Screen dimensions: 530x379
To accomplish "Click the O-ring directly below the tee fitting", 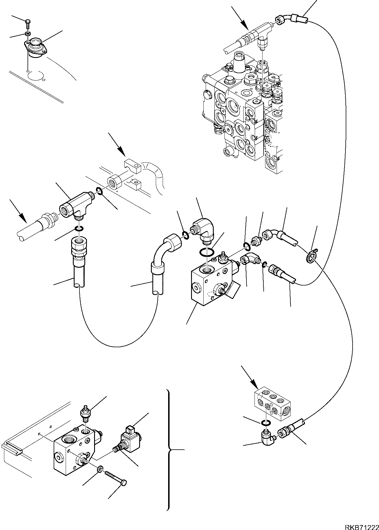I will coord(79,228).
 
